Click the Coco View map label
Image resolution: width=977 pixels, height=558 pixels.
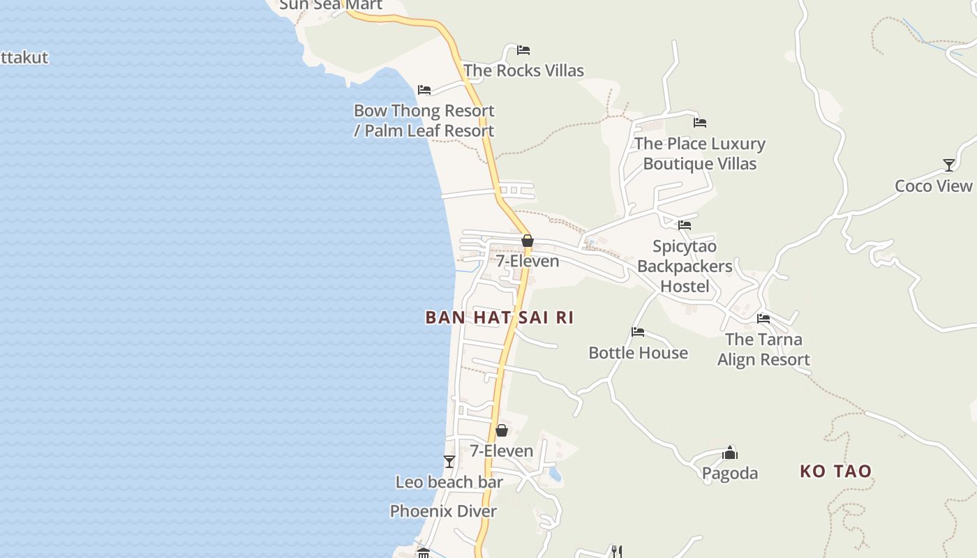933,186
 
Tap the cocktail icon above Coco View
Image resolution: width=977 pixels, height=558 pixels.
948,165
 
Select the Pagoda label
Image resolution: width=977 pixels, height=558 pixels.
729,474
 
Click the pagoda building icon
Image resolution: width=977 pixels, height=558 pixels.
730,453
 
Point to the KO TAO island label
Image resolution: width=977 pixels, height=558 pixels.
835,472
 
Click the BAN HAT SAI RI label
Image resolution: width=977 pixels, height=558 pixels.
499,317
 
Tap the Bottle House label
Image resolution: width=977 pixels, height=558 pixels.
638,353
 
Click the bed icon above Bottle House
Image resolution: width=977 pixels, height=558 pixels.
638,332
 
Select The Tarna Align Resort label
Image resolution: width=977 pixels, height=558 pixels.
763,349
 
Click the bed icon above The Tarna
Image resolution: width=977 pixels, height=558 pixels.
763,319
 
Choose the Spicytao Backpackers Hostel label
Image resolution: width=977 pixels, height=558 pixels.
684,266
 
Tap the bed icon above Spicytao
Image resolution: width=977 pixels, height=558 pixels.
685,225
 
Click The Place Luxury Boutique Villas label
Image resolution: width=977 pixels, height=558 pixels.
699,153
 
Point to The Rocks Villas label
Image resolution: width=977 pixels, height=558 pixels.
523,70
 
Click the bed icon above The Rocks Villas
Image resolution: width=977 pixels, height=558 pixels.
523,50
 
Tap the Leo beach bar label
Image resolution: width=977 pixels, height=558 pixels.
449,482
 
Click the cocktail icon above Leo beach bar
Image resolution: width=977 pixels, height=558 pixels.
449,462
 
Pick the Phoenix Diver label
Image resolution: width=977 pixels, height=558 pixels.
443,511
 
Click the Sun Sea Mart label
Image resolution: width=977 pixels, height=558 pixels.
331,5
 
